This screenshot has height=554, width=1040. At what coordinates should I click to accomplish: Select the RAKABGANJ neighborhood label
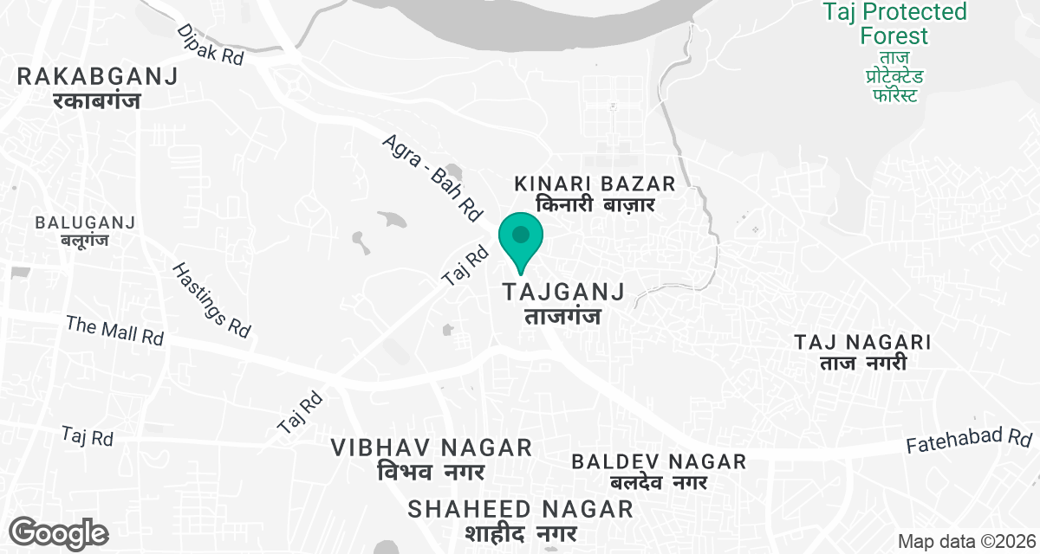(97, 87)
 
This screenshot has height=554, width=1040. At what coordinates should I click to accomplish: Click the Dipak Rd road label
(211, 44)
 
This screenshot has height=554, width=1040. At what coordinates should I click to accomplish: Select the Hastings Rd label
(212, 300)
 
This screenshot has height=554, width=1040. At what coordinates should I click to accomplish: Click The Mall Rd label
(114, 331)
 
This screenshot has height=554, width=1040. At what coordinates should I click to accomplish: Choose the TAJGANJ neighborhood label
(562, 303)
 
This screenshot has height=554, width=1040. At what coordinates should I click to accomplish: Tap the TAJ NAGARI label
(862, 351)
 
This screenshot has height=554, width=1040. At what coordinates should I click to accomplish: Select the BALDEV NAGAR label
(659, 471)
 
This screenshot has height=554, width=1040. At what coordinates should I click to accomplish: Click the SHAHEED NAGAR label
(522, 519)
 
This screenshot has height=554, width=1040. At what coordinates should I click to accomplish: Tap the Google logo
(60, 531)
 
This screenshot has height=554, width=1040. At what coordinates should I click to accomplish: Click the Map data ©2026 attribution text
(965, 541)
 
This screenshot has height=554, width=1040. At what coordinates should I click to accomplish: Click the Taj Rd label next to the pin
(465, 267)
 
